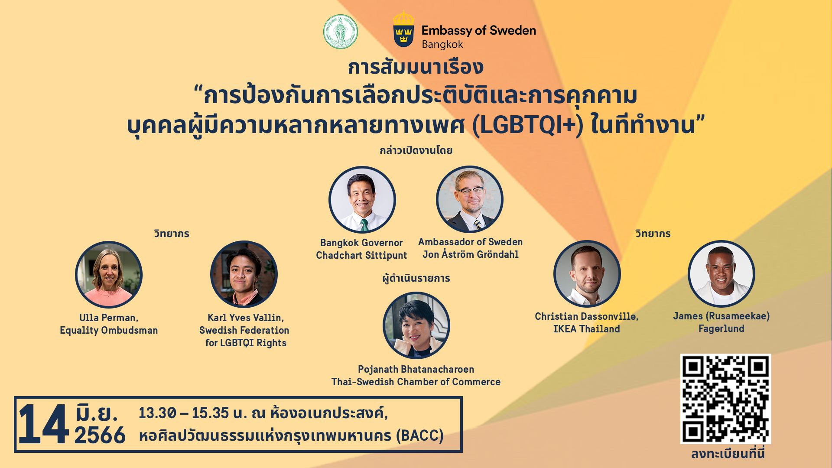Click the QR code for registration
pos(725,399)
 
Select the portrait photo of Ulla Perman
pos(109,274)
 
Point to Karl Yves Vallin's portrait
pos(244,274)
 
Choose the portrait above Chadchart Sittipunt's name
pos(362,200)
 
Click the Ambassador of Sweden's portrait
pos(470,199)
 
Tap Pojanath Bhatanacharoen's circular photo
pos(416,325)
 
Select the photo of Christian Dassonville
pos(587,274)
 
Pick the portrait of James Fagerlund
pos(721,274)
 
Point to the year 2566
pos(100,435)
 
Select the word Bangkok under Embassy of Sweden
pos(442,44)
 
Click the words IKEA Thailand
pos(587,329)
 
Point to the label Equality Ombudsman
pos(109,331)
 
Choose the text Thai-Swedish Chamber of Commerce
pos(416,382)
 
